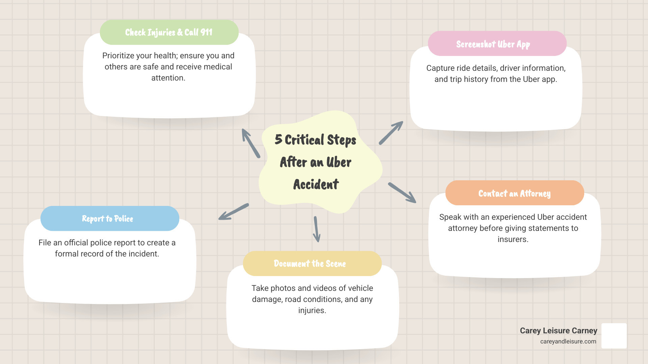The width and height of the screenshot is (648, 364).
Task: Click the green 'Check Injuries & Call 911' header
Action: (169, 32)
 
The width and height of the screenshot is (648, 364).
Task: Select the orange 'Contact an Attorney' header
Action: (514, 193)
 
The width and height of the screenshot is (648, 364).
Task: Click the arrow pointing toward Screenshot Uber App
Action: (391, 133)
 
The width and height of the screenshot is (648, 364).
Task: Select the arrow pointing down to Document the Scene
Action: (316, 229)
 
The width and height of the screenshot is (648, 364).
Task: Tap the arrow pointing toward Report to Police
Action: (234, 212)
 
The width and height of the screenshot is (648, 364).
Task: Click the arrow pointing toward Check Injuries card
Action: (251, 143)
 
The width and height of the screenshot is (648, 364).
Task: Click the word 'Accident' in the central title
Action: (316, 184)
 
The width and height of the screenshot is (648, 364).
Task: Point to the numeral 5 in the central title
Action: (278, 139)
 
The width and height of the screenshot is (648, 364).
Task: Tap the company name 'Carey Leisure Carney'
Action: (558, 331)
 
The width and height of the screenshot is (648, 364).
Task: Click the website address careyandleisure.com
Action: (568, 341)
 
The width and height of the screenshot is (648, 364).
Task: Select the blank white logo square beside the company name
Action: (614, 336)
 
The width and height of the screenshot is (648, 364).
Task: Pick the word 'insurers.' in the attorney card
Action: (513, 239)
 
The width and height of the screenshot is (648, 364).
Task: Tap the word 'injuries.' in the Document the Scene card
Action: (312, 310)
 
